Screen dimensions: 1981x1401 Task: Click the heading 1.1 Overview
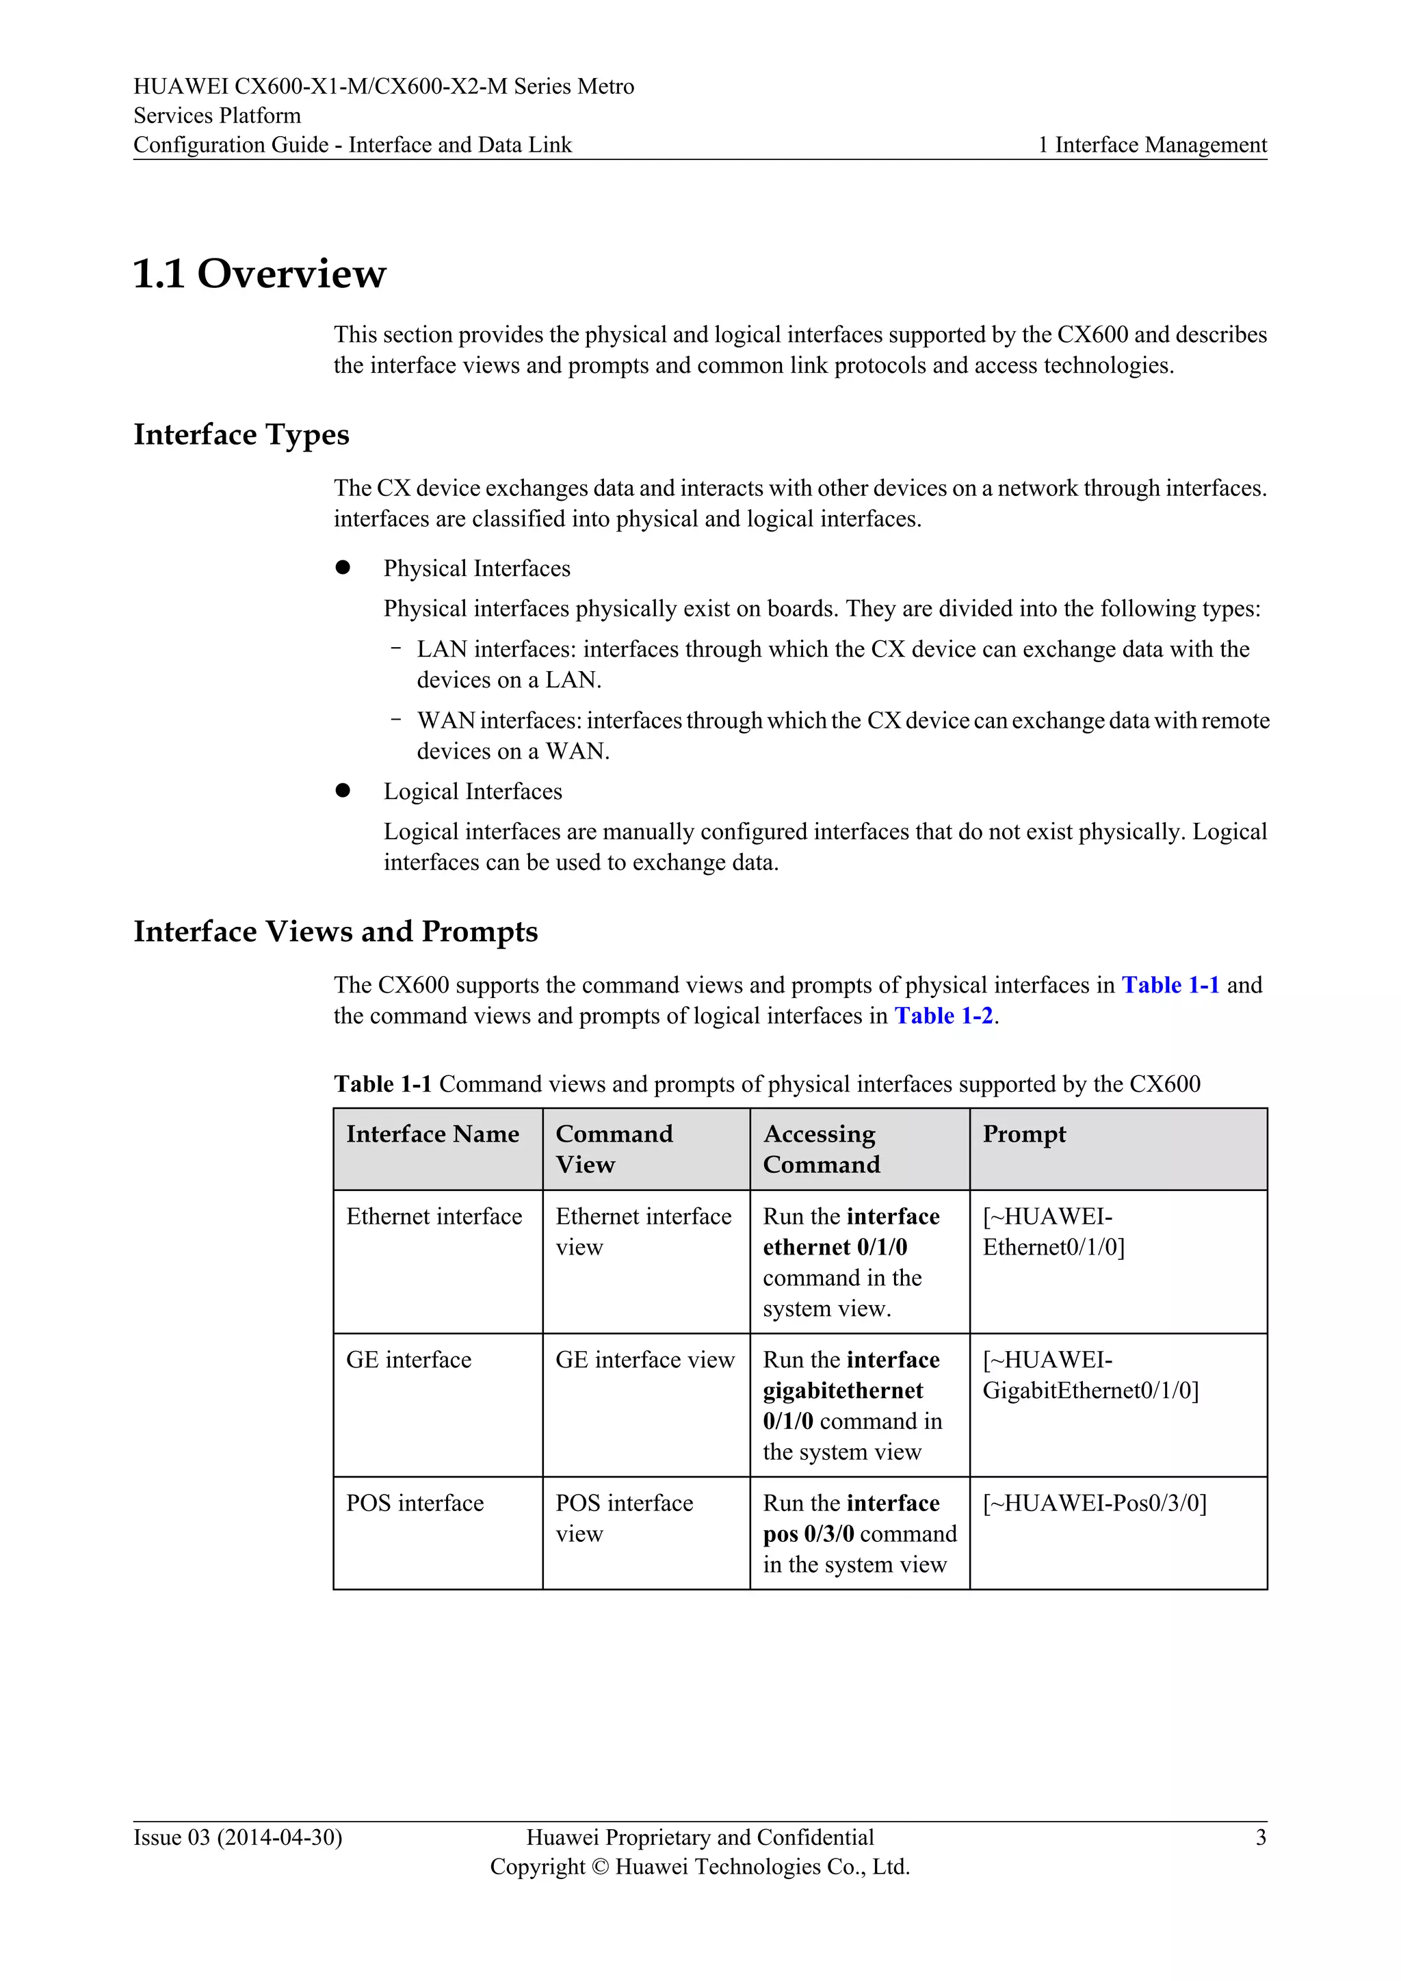[260, 274]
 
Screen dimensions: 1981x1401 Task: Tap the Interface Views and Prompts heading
[336, 931]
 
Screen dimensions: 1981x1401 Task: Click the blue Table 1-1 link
[1170, 984]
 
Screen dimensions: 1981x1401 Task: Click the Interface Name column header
[432, 1133]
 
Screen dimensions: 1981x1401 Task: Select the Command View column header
[614, 1149]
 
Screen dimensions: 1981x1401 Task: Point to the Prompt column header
[1024, 1133]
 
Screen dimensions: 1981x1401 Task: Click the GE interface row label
[409, 1360]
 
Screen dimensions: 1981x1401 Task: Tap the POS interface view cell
[624, 1518]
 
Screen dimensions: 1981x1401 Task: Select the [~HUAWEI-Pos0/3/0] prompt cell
[1095, 1503]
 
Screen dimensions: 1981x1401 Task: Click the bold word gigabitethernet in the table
[843, 1390]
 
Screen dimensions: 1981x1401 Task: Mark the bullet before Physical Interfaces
[343, 567]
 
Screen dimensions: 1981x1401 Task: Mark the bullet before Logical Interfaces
[343, 790]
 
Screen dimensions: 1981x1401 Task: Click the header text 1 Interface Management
[1153, 145]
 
